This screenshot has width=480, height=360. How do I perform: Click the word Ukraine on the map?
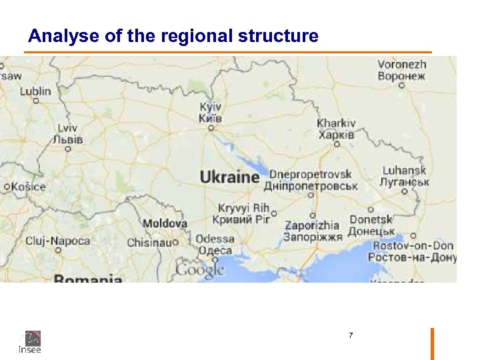tap(229, 177)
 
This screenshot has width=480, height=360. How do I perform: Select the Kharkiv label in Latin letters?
tap(336, 123)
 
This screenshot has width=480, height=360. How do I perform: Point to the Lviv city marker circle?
tap(68, 149)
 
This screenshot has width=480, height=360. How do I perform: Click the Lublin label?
tap(35, 91)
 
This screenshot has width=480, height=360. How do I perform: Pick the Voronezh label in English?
tap(401, 65)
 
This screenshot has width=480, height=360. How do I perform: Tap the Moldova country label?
tap(165, 223)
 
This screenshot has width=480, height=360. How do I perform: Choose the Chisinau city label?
tap(149, 242)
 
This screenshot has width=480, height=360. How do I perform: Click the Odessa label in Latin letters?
tap(215, 239)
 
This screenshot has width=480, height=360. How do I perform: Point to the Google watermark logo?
tap(199, 269)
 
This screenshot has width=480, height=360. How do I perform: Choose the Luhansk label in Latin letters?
tap(404, 170)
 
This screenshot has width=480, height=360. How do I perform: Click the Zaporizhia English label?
tap(311, 225)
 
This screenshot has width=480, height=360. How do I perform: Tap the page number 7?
tap(351, 335)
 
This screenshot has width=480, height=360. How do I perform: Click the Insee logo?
tap(30, 341)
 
